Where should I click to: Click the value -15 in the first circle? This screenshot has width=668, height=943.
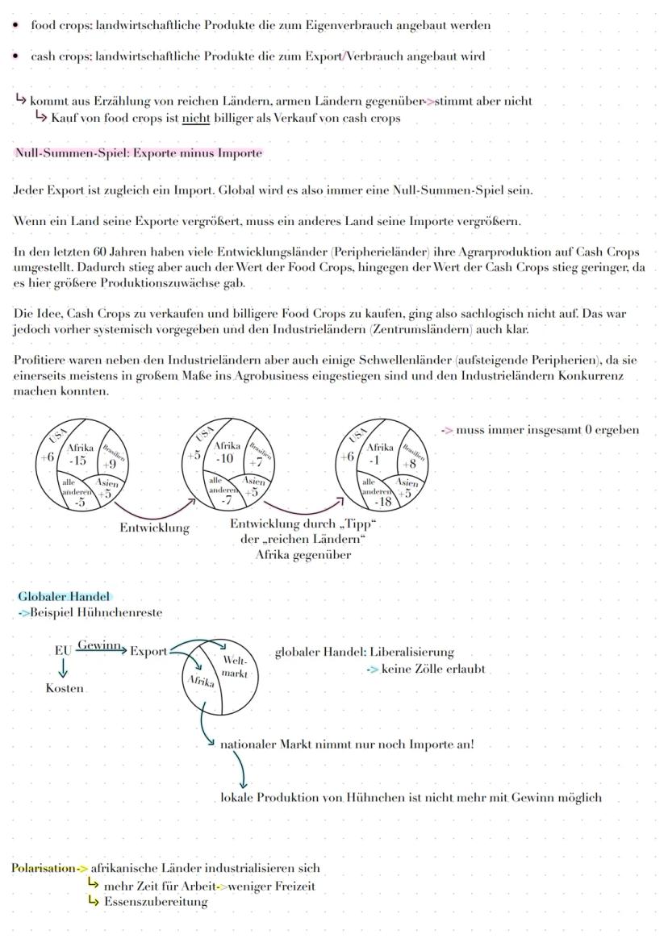click(x=79, y=461)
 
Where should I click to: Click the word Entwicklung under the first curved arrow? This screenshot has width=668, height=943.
click(x=154, y=528)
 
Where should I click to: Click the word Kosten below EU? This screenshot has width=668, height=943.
click(x=65, y=689)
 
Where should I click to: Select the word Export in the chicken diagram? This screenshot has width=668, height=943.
click(x=148, y=651)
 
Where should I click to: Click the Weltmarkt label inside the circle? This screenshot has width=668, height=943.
click(x=234, y=666)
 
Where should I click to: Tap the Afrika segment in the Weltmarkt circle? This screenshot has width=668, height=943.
click(x=200, y=682)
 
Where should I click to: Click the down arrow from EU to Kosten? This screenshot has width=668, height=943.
click(x=62, y=669)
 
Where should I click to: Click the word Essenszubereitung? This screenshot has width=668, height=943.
click(x=156, y=902)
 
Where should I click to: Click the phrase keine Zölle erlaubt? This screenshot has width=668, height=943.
click(x=433, y=669)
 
